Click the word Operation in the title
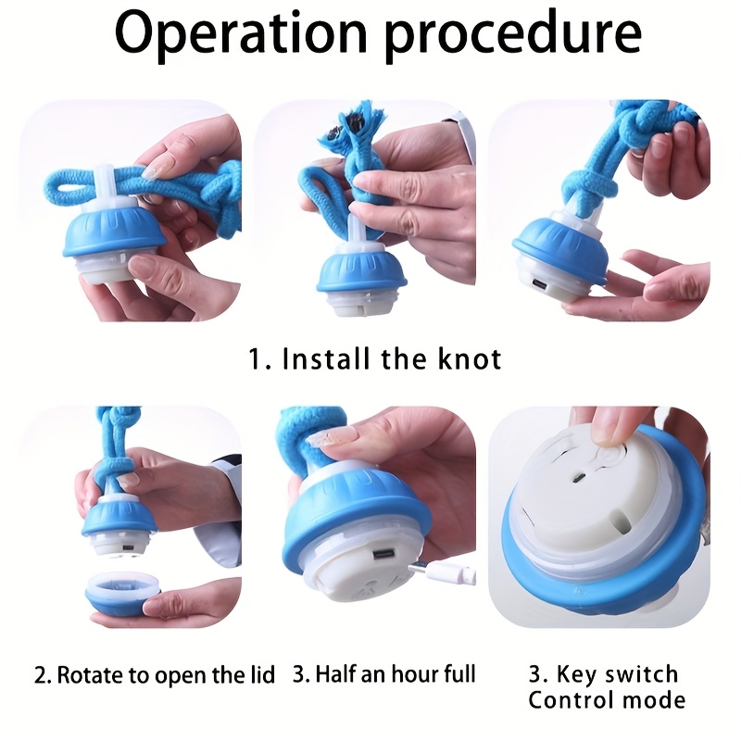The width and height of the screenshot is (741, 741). pos(241,33)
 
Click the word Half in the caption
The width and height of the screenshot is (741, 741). pos(336,673)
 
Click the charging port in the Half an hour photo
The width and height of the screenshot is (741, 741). pos(384,555)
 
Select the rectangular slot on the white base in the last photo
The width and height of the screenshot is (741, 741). pos(621,521)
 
